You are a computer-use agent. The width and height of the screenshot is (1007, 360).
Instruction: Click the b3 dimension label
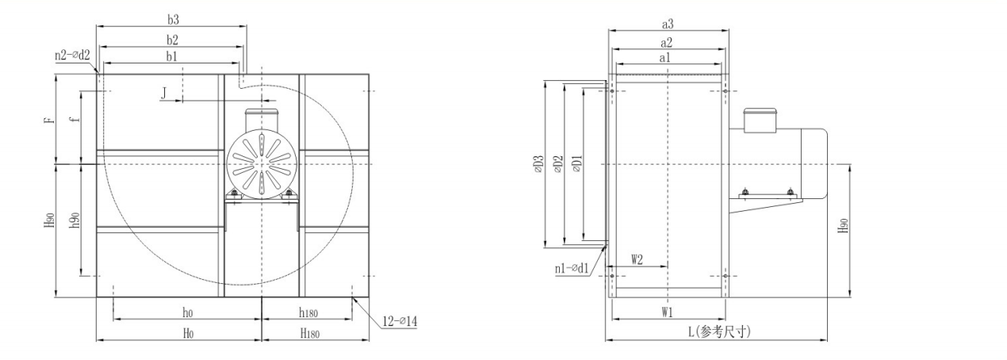click(x=173, y=20)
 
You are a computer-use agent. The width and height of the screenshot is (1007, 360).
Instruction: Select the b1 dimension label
click(x=172, y=56)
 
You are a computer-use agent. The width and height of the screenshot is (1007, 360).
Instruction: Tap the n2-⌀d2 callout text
click(x=72, y=56)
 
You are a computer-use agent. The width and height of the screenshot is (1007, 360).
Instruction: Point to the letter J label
click(x=164, y=93)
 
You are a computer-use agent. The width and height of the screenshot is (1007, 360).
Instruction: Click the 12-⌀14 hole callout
click(x=400, y=321)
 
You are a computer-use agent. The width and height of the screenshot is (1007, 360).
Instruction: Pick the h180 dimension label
click(x=308, y=312)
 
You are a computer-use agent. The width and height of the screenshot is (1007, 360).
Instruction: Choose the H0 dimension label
click(x=188, y=333)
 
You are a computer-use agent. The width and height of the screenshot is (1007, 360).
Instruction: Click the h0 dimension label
click(x=187, y=312)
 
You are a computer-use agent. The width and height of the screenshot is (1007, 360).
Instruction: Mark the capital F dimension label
click(x=50, y=120)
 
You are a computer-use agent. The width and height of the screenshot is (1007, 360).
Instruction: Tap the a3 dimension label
click(x=667, y=25)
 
